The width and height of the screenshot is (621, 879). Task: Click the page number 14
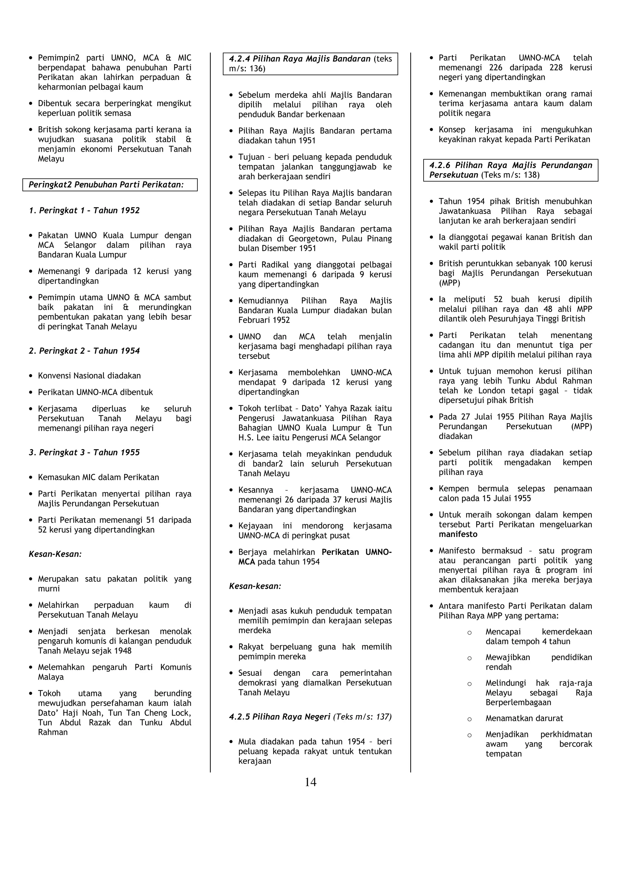click(310, 782)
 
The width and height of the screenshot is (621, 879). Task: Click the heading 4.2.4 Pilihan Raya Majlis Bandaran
click(300, 59)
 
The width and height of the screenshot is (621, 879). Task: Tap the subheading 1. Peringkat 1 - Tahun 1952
click(84, 210)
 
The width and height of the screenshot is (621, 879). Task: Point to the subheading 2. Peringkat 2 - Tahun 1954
click(84, 351)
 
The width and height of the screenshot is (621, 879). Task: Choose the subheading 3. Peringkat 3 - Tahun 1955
click(84, 452)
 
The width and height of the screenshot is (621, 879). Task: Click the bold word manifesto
click(458, 534)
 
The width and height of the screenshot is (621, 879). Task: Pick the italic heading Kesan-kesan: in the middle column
click(255, 586)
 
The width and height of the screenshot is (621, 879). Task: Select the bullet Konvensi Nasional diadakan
click(89, 376)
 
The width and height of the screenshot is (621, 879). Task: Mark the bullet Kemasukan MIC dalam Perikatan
click(98, 477)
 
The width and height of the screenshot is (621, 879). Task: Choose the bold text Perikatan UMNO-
click(357, 552)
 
